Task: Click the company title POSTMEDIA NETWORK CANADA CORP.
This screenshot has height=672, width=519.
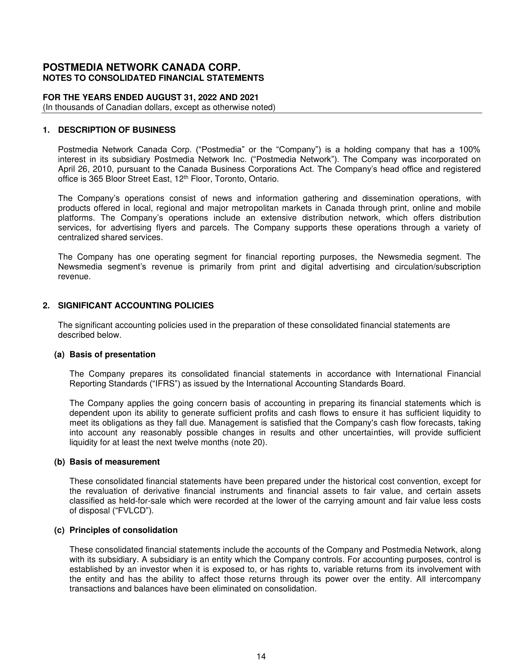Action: tap(141, 68)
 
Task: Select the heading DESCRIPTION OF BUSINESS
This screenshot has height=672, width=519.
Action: tap(117, 130)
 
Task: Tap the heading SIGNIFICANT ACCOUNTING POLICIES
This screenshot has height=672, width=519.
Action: tap(136, 305)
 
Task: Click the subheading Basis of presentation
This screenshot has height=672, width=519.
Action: tap(112, 354)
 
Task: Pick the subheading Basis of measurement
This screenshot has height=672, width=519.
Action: tap(114, 462)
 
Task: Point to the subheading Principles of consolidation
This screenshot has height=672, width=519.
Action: tap(123, 530)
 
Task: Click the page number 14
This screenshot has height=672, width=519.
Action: tap(261, 656)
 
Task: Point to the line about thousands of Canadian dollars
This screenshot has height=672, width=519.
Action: tap(159, 108)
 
